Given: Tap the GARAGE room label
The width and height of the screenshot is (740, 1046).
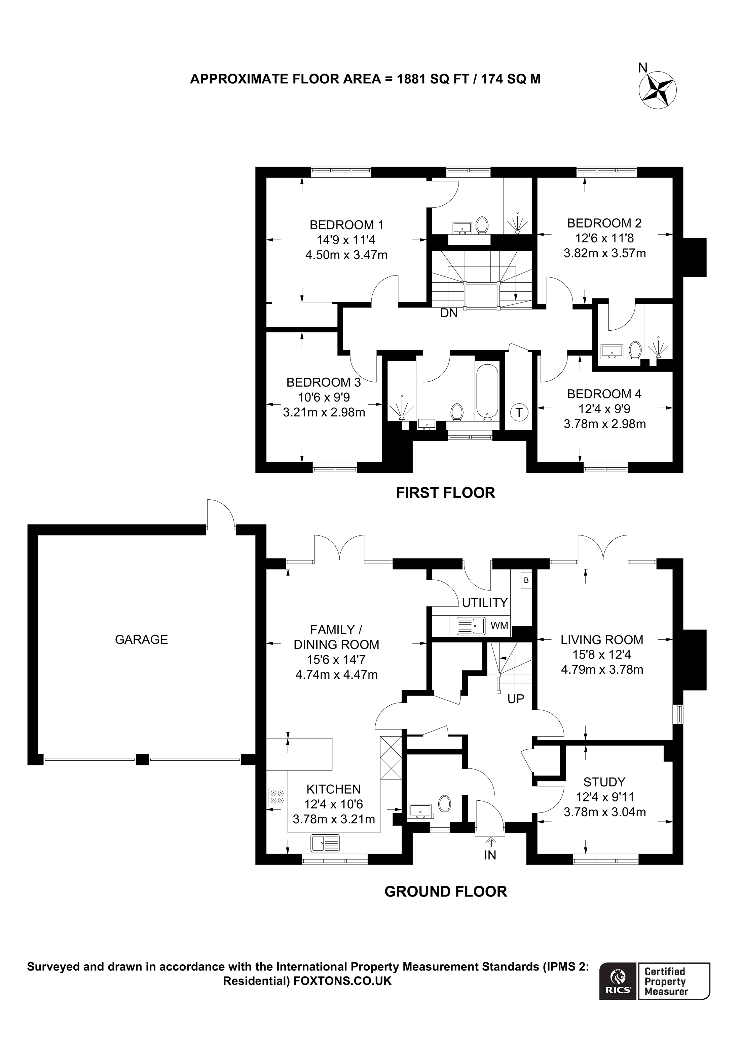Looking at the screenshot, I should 141,640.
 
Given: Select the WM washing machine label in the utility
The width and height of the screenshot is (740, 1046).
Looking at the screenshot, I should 499,626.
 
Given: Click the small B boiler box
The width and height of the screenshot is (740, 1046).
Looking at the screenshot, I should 526,580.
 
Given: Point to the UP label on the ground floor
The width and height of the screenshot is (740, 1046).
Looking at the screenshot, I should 516,699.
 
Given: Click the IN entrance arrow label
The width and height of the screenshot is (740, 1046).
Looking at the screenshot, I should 490,855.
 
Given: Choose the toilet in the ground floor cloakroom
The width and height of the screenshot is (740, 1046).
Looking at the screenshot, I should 445,804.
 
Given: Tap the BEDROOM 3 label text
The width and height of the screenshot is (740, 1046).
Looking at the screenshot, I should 323,382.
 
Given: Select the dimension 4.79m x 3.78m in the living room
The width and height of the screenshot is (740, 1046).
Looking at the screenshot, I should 602,669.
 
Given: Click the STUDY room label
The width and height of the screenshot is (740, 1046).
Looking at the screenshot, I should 604,782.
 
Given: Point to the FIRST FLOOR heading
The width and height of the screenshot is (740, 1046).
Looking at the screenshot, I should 445,493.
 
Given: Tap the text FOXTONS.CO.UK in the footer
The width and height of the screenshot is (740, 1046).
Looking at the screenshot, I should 342,981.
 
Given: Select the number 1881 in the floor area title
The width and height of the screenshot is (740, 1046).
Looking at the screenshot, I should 412,79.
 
